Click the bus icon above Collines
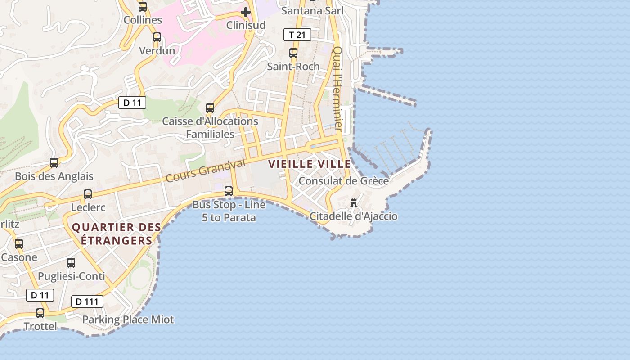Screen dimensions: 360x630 [143, 7]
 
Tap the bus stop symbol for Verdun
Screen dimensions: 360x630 [157, 37]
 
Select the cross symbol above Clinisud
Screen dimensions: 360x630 [246, 12]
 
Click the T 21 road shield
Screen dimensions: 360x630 [297, 35]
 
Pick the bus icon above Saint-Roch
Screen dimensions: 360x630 [293, 53]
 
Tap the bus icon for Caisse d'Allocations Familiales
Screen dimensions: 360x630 [210, 108]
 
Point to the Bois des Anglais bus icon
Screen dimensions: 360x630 [54, 163]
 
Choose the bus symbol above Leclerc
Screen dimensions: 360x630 [88, 194]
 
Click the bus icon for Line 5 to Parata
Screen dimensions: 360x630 [229, 191]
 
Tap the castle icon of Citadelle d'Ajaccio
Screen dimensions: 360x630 [354, 203]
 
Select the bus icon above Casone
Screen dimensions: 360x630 [19, 244]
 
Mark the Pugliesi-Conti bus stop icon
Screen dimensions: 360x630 [71, 263]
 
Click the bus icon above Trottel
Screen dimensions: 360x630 [40, 313]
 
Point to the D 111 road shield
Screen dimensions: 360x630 [87, 301]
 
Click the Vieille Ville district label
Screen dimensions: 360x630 [310, 164]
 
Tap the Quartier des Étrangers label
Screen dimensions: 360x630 [117, 234]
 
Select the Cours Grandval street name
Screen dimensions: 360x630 [206, 170]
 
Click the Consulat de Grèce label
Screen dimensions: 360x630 [344, 181]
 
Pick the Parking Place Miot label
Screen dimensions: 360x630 [128, 320]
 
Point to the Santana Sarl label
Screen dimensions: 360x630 [312, 11]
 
